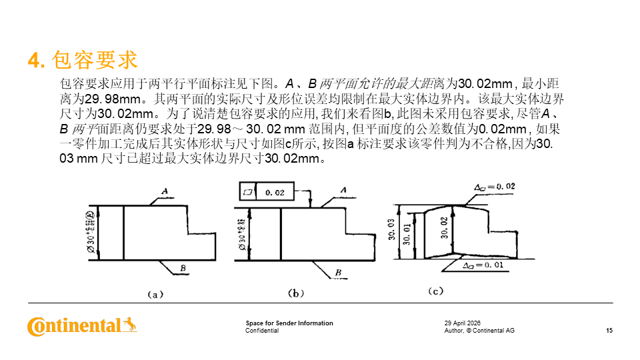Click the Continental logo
[x=82, y=326]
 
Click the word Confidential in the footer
[x=262, y=331]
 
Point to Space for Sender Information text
[x=289, y=323]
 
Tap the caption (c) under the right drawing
[x=435, y=291]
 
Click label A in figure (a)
[x=164, y=191]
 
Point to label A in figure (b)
[x=343, y=190]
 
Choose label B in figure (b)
[x=338, y=272]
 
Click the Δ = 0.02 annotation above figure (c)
[x=494, y=187]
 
